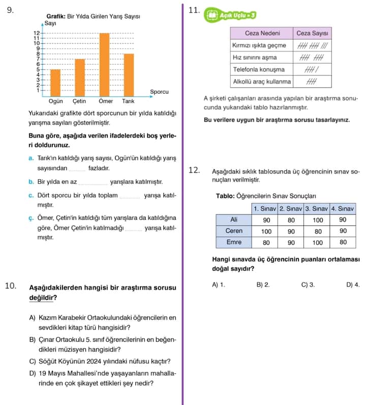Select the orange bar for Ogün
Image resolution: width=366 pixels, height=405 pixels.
55,83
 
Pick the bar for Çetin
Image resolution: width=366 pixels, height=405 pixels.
80,77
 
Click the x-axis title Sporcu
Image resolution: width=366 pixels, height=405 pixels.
159,92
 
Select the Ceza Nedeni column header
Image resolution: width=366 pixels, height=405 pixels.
262,33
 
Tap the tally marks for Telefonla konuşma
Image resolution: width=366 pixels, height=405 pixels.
310,69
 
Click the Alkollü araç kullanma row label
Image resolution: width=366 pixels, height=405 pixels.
262,81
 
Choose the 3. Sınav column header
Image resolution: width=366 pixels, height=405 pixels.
317,209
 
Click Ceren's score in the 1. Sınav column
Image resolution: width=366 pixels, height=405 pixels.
266,231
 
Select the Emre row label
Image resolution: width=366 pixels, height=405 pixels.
234,242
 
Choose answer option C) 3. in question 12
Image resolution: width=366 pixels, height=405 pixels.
308,285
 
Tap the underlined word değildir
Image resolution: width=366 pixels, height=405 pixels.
43,298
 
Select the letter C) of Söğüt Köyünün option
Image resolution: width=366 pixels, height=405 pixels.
33,362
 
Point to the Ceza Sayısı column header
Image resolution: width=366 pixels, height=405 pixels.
313,33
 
